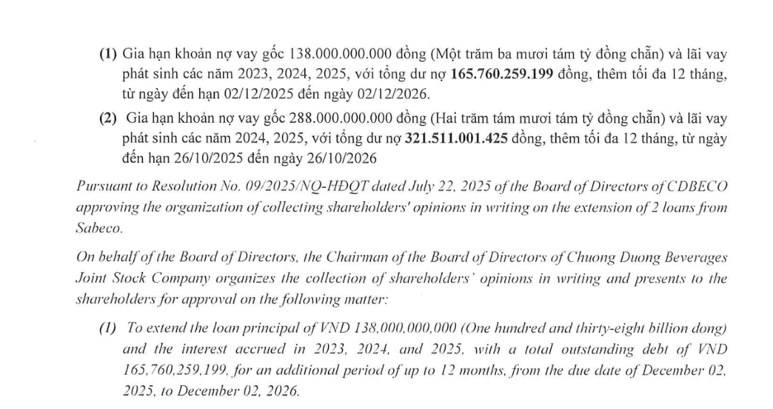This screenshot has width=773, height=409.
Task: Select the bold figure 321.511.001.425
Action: [x=454, y=137]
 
